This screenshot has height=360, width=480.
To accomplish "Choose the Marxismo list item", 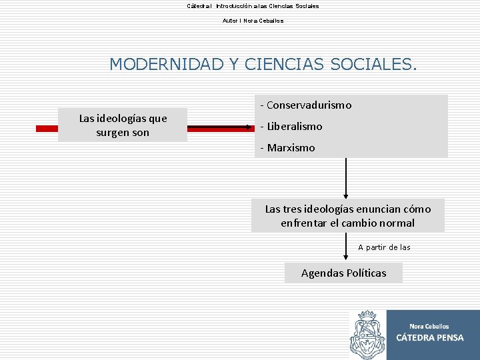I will click(x=291, y=148).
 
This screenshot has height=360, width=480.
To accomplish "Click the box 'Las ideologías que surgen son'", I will click(x=123, y=125).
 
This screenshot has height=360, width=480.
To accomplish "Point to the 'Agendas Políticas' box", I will click(x=343, y=273).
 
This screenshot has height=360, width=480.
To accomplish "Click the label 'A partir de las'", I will click(x=384, y=247).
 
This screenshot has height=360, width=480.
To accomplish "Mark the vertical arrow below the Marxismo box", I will click(x=346, y=178).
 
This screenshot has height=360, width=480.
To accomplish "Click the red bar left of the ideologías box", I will click(x=46, y=126).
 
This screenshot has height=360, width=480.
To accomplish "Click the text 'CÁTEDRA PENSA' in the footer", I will click(x=429, y=338).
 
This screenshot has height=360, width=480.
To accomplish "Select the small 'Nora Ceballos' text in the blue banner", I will click(x=429, y=326).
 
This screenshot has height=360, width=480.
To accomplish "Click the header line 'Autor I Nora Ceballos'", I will click(x=253, y=21).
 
